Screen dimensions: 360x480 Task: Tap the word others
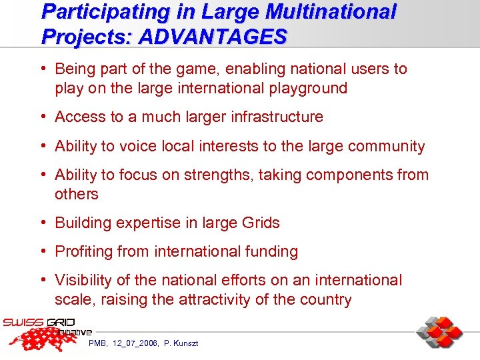[76, 194]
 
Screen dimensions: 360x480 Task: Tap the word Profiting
[84, 251]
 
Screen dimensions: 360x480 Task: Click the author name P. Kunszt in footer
[181, 343]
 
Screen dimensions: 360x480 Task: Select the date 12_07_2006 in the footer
[135, 343]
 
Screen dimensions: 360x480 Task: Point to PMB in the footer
[98, 343]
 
